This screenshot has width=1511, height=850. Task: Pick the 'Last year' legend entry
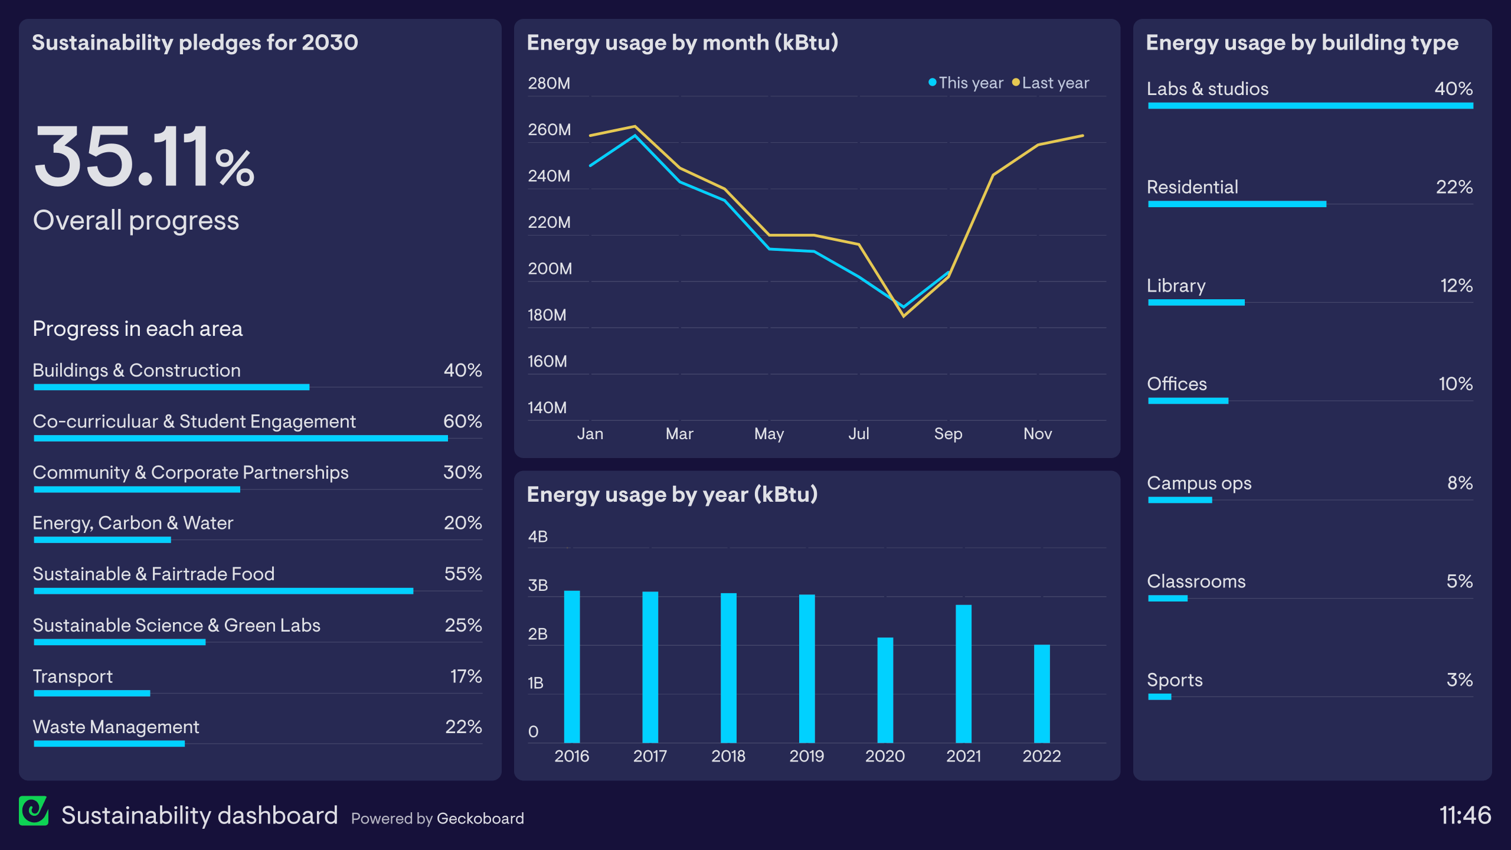click(x=1051, y=83)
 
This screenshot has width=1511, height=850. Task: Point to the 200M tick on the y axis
click(x=550, y=269)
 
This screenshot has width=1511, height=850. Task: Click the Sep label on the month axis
click(x=948, y=434)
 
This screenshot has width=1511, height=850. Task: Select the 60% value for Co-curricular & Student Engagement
click(x=462, y=421)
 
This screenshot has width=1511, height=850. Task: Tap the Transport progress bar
click(x=92, y=693)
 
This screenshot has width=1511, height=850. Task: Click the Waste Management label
click(x=116, y=727)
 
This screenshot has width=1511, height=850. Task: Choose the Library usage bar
click(x=1196, y=302)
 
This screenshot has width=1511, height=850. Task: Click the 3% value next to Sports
click(x=1459, y=680)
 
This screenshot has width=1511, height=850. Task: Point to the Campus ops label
click(x=1199, y=483)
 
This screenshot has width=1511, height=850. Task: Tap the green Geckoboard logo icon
click(x=34, y=811)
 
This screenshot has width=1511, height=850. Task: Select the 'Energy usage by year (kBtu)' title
click(x=672, y=495)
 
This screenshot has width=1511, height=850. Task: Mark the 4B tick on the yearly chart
click(x=538, y=537)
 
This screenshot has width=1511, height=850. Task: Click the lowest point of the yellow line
click(x=904, y=316)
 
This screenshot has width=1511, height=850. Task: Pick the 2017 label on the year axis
click(x=650, y=756)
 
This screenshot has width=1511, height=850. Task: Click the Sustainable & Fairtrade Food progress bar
click(x=223, y=591)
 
